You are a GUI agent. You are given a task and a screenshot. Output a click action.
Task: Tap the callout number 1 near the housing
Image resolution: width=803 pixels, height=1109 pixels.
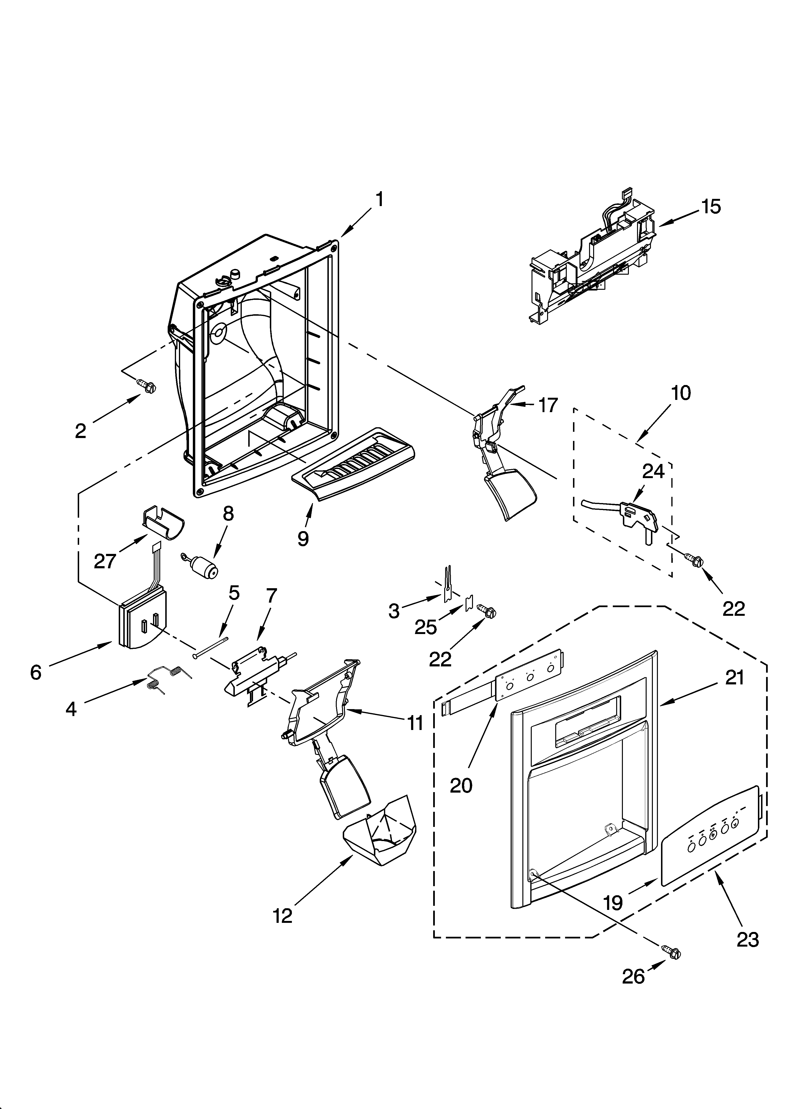pos(379,200)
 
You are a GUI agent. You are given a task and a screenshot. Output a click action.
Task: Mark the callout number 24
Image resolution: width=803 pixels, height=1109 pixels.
pos(653,471)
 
